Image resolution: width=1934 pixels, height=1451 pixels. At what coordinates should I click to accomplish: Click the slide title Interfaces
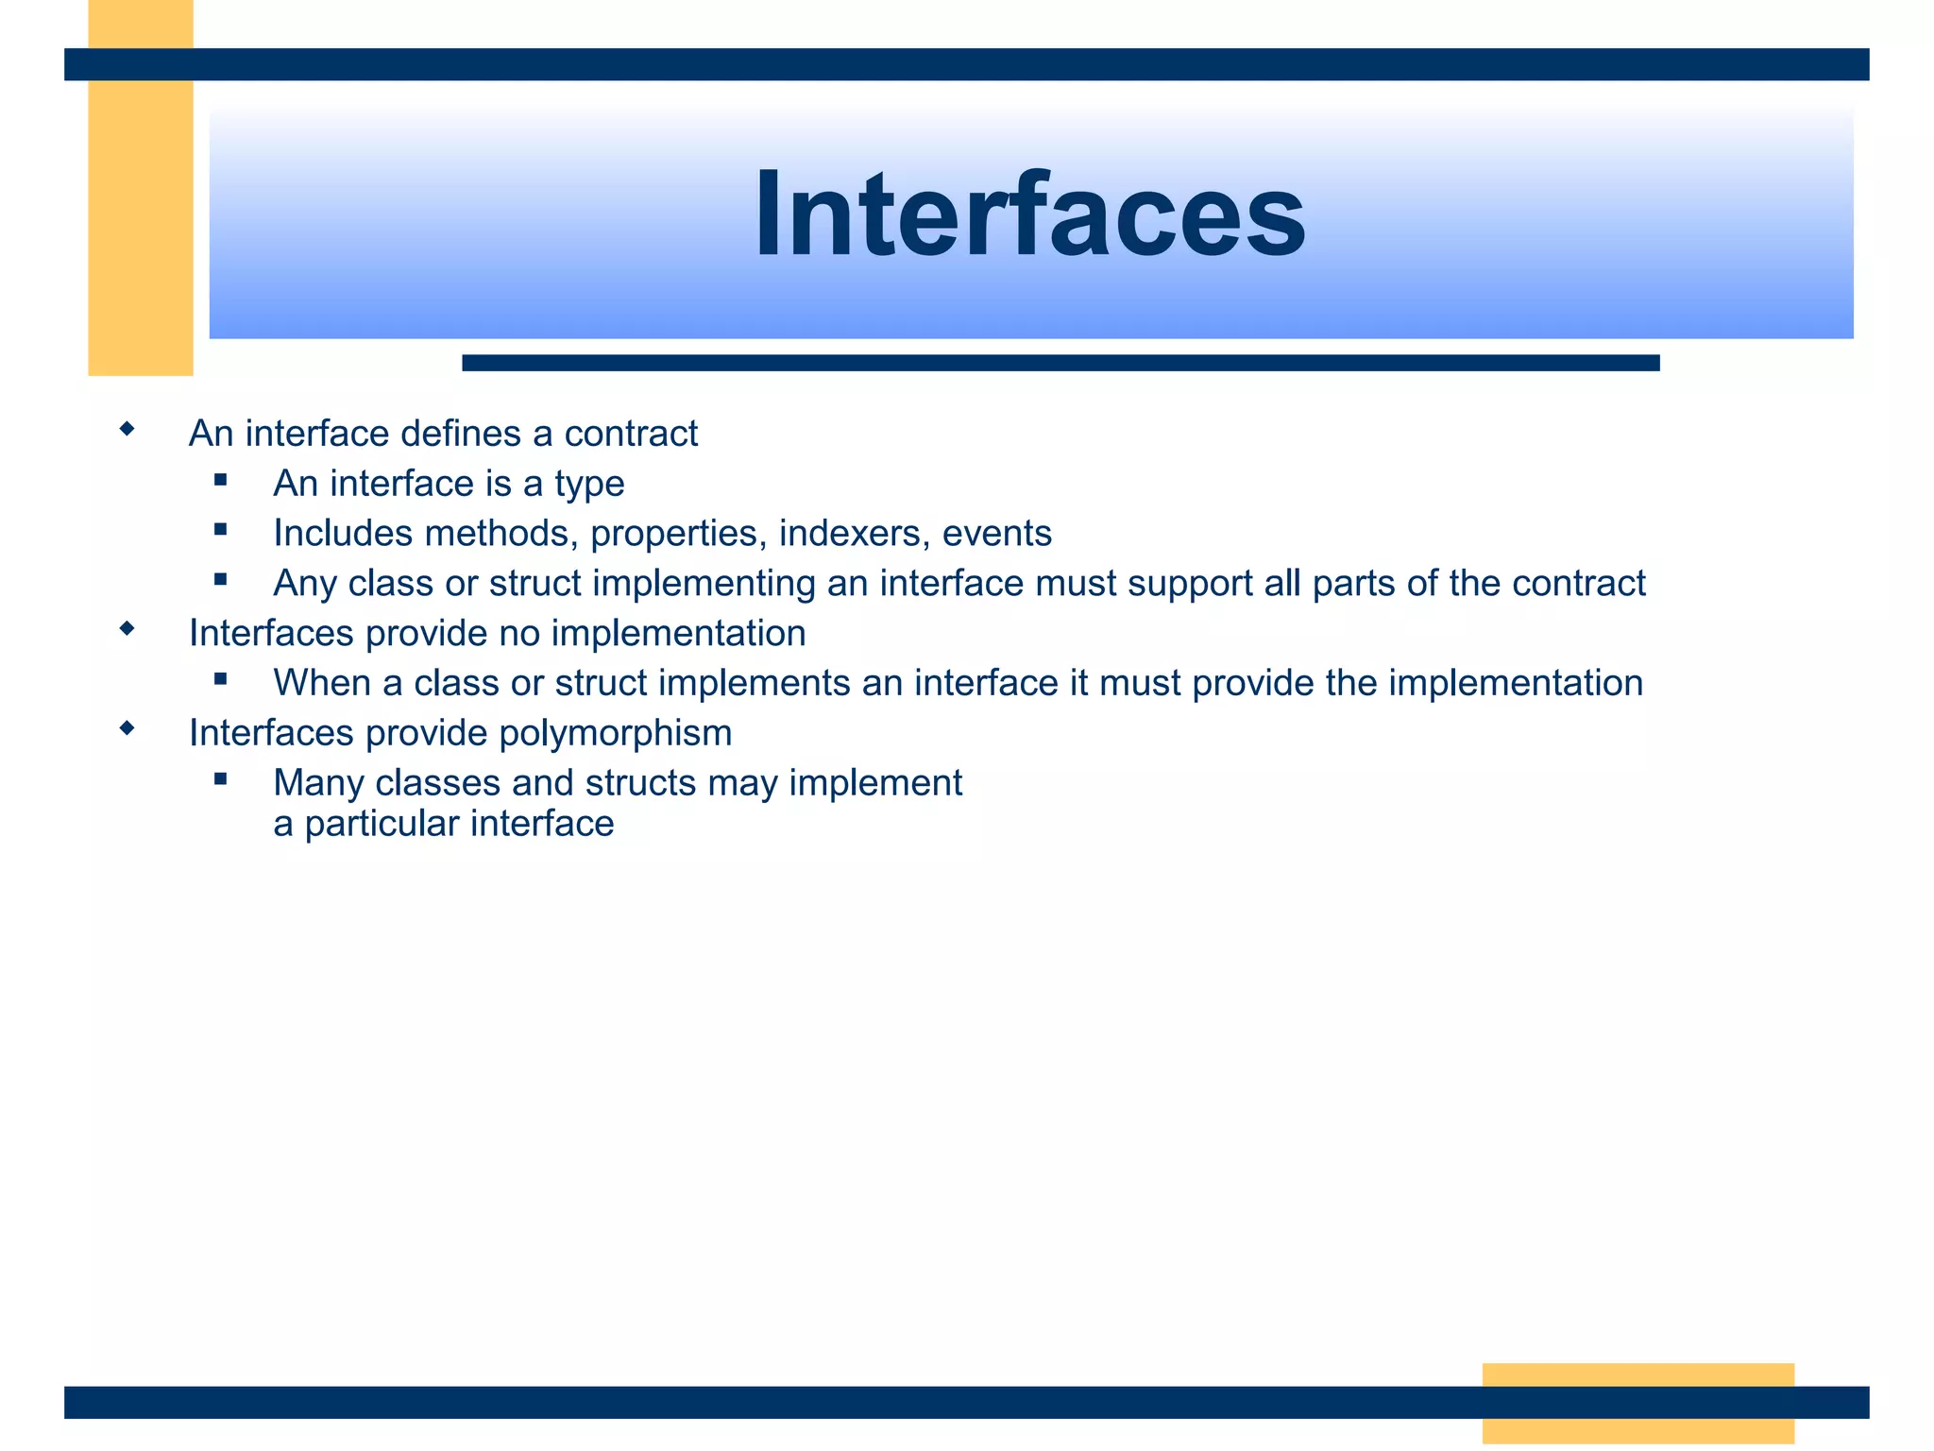1029,215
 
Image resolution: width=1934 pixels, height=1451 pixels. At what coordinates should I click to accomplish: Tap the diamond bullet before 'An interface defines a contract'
127,430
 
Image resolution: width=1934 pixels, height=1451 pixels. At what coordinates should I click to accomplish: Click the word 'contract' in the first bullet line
631,434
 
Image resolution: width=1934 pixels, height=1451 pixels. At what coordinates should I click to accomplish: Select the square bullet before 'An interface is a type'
221,480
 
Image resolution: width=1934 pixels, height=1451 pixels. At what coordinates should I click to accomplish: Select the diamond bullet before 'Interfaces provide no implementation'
127,628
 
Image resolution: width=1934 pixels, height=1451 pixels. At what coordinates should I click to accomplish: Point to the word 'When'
322,683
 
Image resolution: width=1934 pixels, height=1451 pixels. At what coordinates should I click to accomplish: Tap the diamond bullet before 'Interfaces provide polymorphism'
127,728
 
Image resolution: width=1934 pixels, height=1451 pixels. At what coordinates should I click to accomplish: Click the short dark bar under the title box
1060,363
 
